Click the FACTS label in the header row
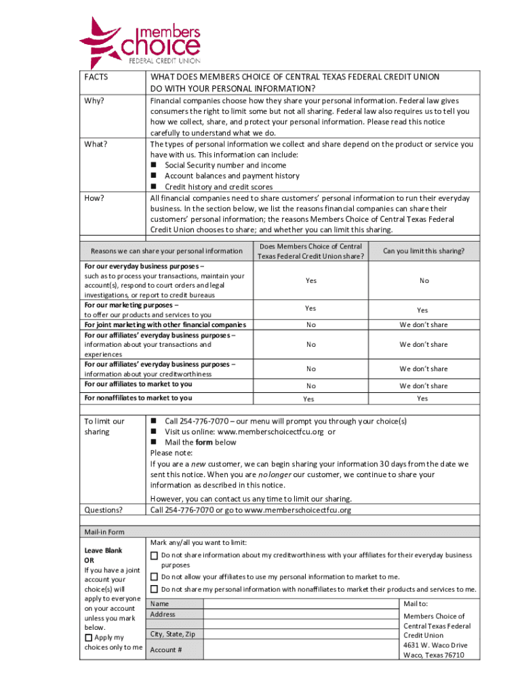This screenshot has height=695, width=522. click(x=96, y=77)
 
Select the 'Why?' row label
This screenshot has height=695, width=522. click(x=94, y=101)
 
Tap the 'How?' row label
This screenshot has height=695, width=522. click(x=94, y=198)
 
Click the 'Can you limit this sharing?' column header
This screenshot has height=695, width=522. click(x=423, y=251)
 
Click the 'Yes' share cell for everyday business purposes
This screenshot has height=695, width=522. click(x=310, y=280)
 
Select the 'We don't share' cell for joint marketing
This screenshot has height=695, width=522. click(x=423, y=324)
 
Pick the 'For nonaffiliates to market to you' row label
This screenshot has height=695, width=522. click(x=138, y=398)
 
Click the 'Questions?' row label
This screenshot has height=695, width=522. click(x=103, y=510)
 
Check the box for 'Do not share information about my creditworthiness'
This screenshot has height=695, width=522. click(x=154, y=556)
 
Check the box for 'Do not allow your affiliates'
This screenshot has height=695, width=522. click(x=154, y=577)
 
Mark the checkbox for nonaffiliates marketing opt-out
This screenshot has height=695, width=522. click(x=154, y=589)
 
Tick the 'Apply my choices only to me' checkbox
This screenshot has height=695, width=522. click(x=88, y=638)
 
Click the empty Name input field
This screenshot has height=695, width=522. click(x=302, y=604)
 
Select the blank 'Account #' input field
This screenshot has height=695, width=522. click(x=302, y=650)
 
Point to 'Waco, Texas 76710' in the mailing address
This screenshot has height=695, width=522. click(x=433, y=655)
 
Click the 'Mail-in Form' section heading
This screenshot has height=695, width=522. click(x=104, y=532)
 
